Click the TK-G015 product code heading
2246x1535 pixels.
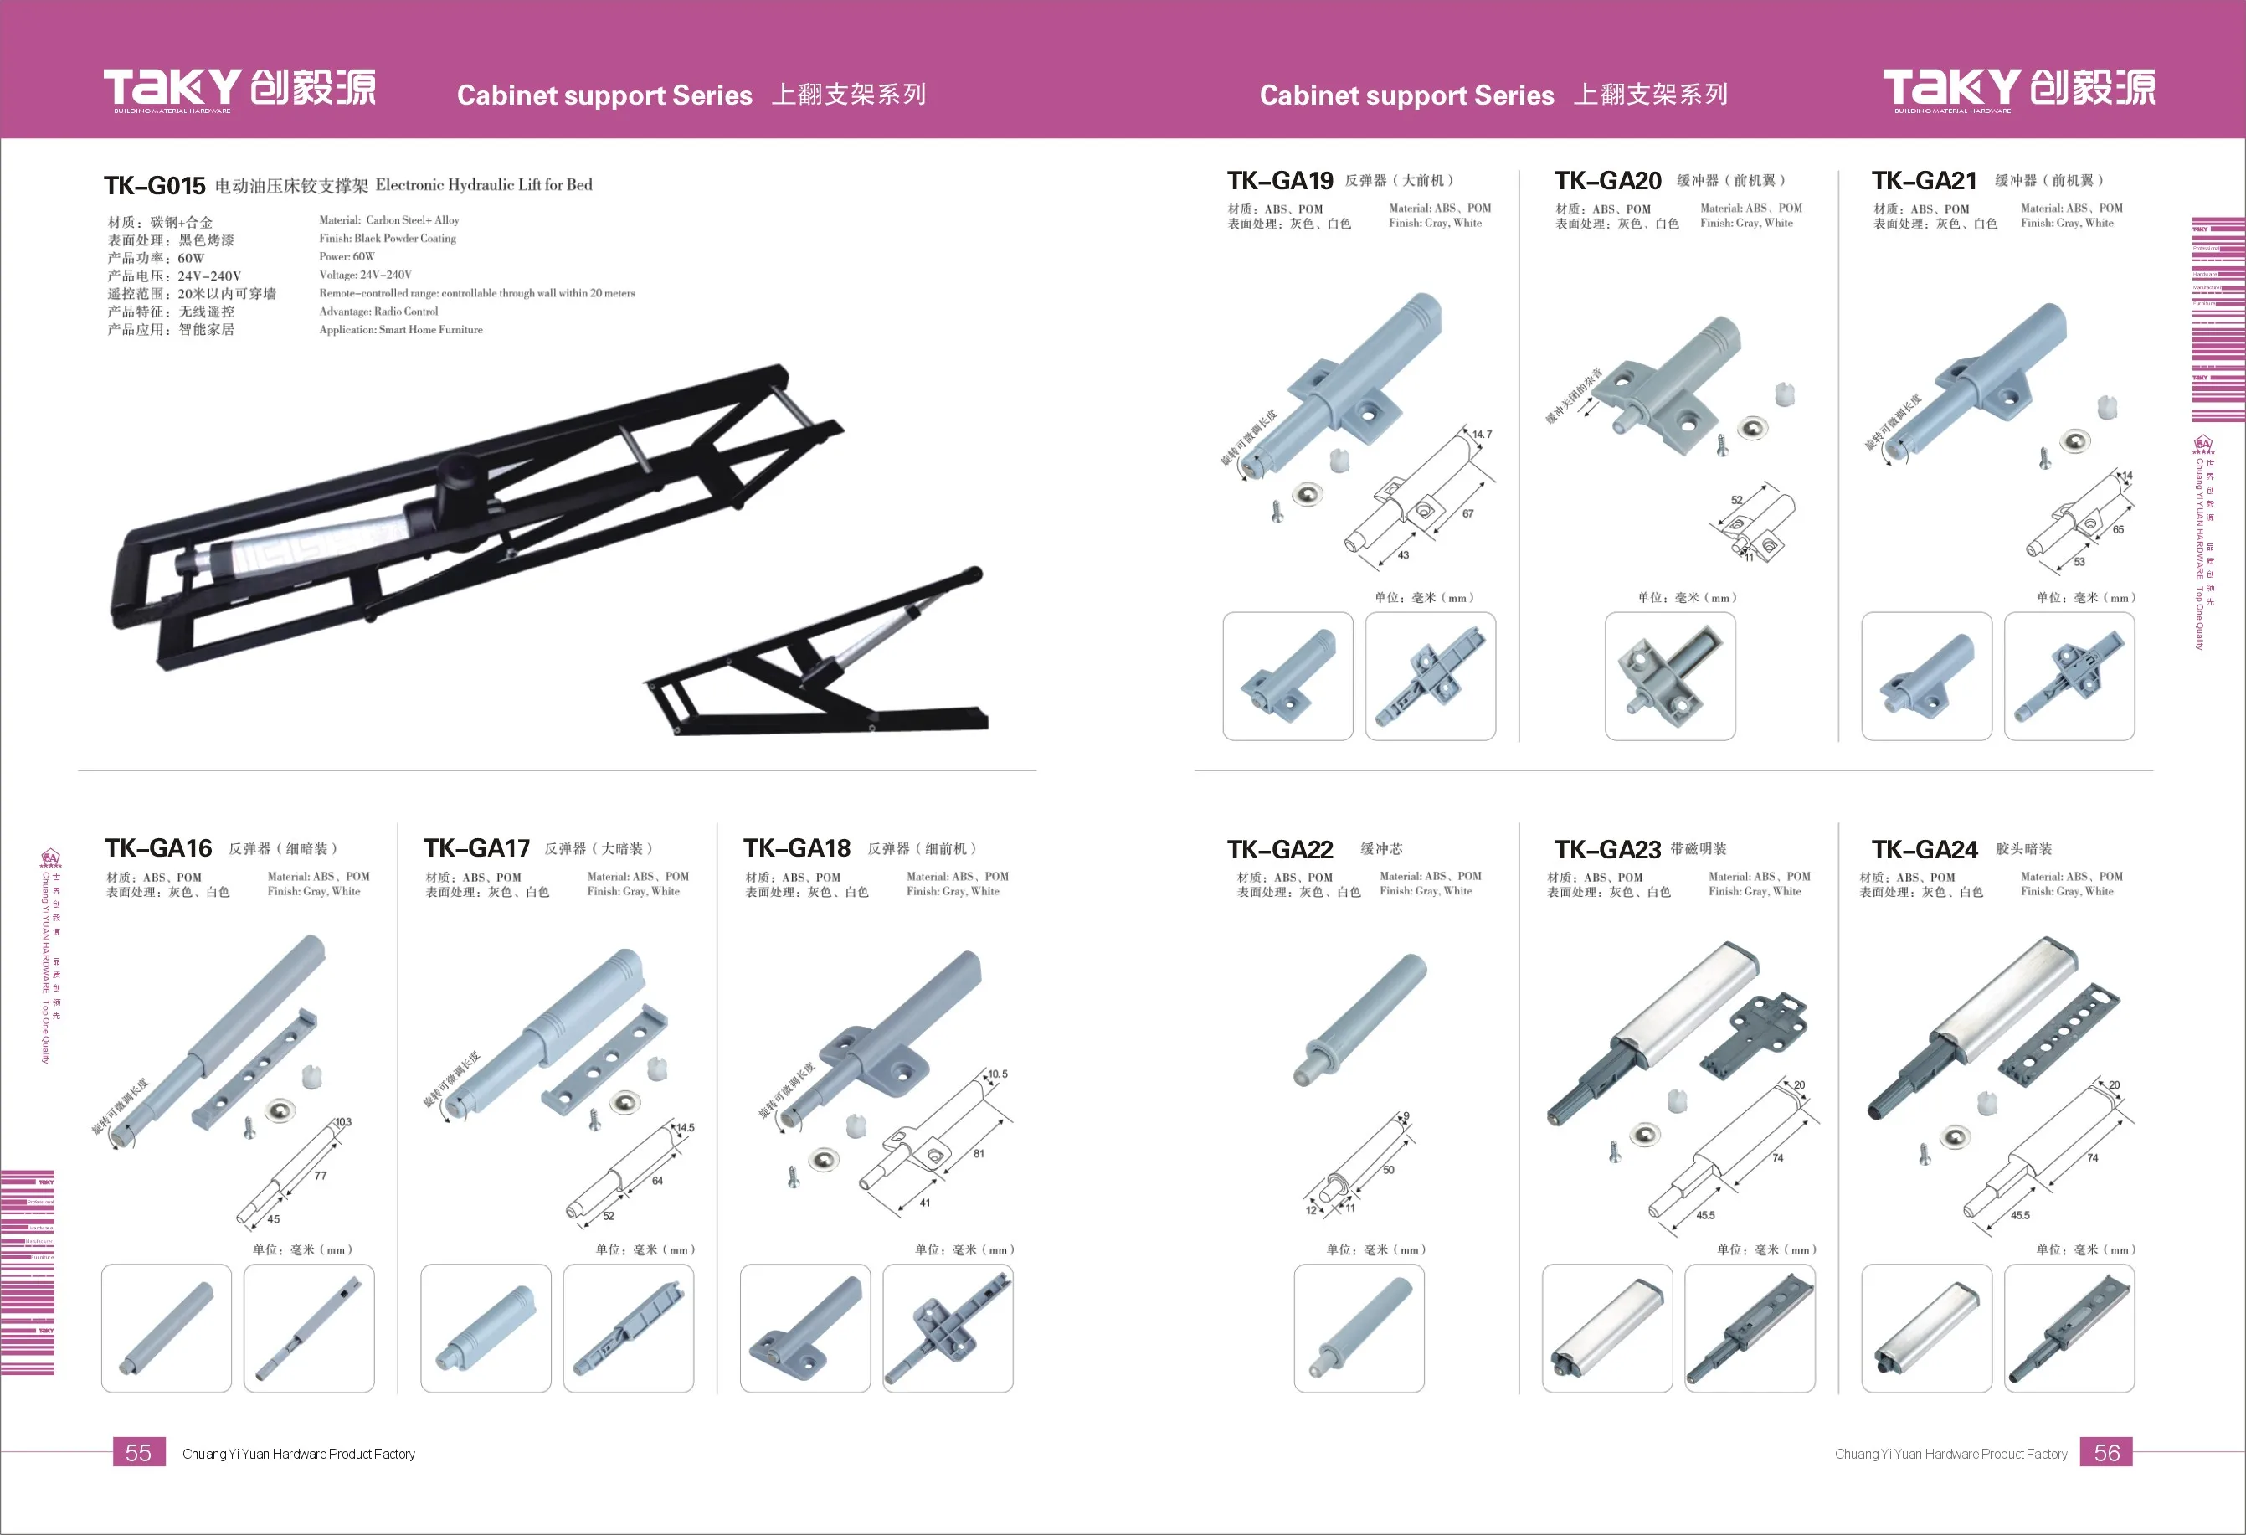(155, 186)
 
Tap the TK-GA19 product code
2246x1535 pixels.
(1280, 181)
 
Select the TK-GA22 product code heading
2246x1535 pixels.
(1280, 850)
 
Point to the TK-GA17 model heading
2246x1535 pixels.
(476, 848)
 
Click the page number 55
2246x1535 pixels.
(138, 1453)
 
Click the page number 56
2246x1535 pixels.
(2106, 1453)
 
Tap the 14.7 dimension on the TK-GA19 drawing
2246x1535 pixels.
(1482, 435)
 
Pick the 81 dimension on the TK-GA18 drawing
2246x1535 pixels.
(979, 1153)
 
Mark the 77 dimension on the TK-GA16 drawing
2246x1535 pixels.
(320, 1176)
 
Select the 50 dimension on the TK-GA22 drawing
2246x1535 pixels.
(1388, 1170)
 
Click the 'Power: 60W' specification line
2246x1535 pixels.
(347, 257)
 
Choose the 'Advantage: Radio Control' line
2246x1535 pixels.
(379, 312)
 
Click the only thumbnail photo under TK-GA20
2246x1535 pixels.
(1670, 676)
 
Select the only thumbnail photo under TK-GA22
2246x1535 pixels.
(1359, 1328)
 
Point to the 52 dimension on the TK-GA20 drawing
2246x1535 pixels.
(1737, 500)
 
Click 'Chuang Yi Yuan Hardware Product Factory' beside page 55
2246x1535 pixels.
(299, 1454)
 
